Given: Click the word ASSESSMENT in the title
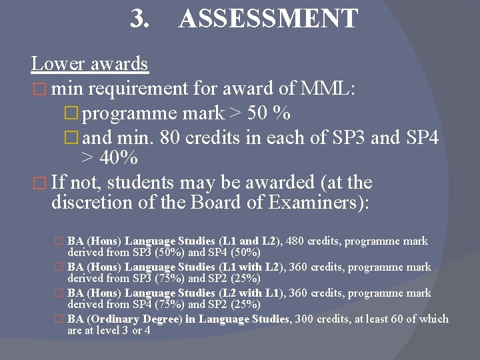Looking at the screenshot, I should (x=268, y=19).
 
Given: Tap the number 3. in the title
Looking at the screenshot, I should (x=139, y=19).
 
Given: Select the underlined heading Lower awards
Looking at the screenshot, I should (x=89, y=64).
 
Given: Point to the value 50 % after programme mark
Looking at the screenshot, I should (x=269, y=113).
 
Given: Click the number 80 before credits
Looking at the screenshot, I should (x=171, y=139).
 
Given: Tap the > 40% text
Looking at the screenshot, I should (x=109, y=159).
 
